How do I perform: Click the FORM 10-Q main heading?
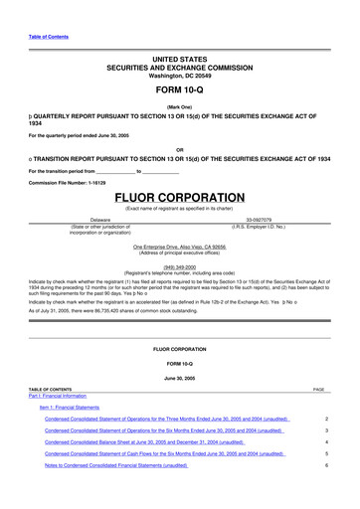click(179, 89)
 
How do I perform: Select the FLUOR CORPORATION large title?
click(179, 198)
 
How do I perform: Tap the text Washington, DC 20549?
click(179, 75)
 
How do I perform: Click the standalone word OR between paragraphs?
click(179, 151)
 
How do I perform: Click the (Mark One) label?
click(179, 105)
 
